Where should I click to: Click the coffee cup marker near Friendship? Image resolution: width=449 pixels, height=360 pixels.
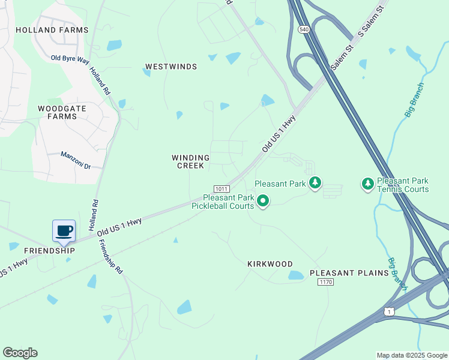pyautogui.click(x=64, y=230)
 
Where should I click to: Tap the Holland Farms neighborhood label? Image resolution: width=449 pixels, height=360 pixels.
pyautogui.click(x=52, y=30)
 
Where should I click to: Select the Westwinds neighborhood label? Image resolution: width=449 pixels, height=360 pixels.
pyautogui.click(x=171, y=67)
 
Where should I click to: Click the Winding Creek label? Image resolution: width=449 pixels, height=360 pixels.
pyautogui.click(x=191, y=162)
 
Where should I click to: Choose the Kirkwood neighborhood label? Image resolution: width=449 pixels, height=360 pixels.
pyautogui.click(x=270, y=264)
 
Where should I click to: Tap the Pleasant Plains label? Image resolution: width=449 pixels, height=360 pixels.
pyautogui.click(x=349, y=273)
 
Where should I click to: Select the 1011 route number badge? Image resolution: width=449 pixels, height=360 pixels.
pyautogui.click(x=220, y=188)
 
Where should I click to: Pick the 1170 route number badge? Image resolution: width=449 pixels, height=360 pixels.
pyautogui.click(x=325, y=282)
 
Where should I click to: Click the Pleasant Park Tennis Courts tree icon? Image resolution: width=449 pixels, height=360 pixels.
pyautogui.click(x=367, y=183)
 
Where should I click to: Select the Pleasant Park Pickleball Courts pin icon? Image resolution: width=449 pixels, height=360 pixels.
pyautogui.click(x=262, y=201)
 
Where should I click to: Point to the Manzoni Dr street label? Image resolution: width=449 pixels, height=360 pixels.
pyautogui.click(x=75, y=160)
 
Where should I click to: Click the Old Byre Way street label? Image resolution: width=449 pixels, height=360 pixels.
pyautogui.click(x=70, y=58)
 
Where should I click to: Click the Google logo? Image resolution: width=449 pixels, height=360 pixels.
pyautogui.click(x=20, y=353)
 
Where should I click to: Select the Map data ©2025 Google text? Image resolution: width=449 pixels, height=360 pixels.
pyautogui.click(x=411, y=355)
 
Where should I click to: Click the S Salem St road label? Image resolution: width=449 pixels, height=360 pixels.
pyautogui.click(x=370, y=23)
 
